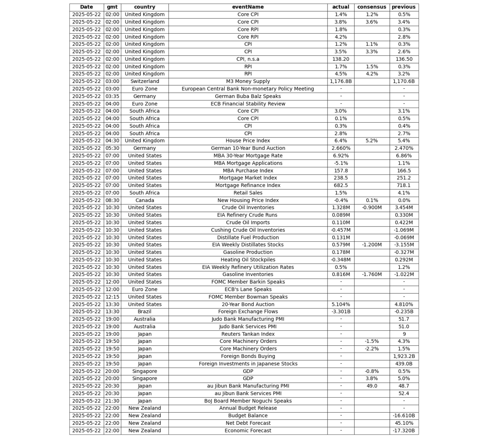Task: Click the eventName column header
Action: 248,7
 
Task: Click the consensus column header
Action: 372,7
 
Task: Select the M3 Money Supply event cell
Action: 248,81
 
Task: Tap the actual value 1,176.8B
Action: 341,81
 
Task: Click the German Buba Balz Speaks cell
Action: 248,96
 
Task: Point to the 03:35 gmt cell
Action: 112,96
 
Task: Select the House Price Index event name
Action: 248,140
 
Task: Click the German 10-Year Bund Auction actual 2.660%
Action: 341,148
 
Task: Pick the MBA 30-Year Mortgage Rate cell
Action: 248,156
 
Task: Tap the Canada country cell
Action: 145,200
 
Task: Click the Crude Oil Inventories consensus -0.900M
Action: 372,207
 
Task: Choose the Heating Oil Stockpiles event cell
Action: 248,260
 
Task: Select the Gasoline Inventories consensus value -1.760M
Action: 372,275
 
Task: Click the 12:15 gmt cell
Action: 112,297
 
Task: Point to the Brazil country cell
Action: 145,312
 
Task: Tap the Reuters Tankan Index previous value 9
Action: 404,334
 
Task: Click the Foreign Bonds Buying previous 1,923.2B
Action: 404,356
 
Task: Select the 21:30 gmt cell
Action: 112,401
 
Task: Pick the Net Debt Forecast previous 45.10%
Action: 404,423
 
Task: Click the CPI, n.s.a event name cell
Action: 248,59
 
